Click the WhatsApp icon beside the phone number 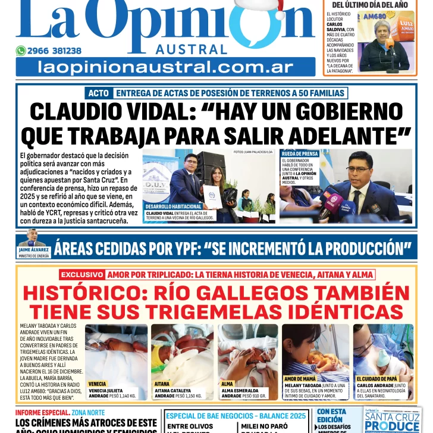click(21, 51)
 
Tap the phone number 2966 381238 click(54, 51)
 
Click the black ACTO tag click(98, 93)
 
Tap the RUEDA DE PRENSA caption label click(300, 153)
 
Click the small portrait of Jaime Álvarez click(32, 239)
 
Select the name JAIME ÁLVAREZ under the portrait click(33, 250)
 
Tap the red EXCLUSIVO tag click(82, 275)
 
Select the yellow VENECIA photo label click(98, 384)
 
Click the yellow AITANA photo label click(162, 384)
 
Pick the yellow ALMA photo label click(228, 384)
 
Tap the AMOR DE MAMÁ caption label click(301, 379)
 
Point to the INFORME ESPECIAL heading click(36, 412)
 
